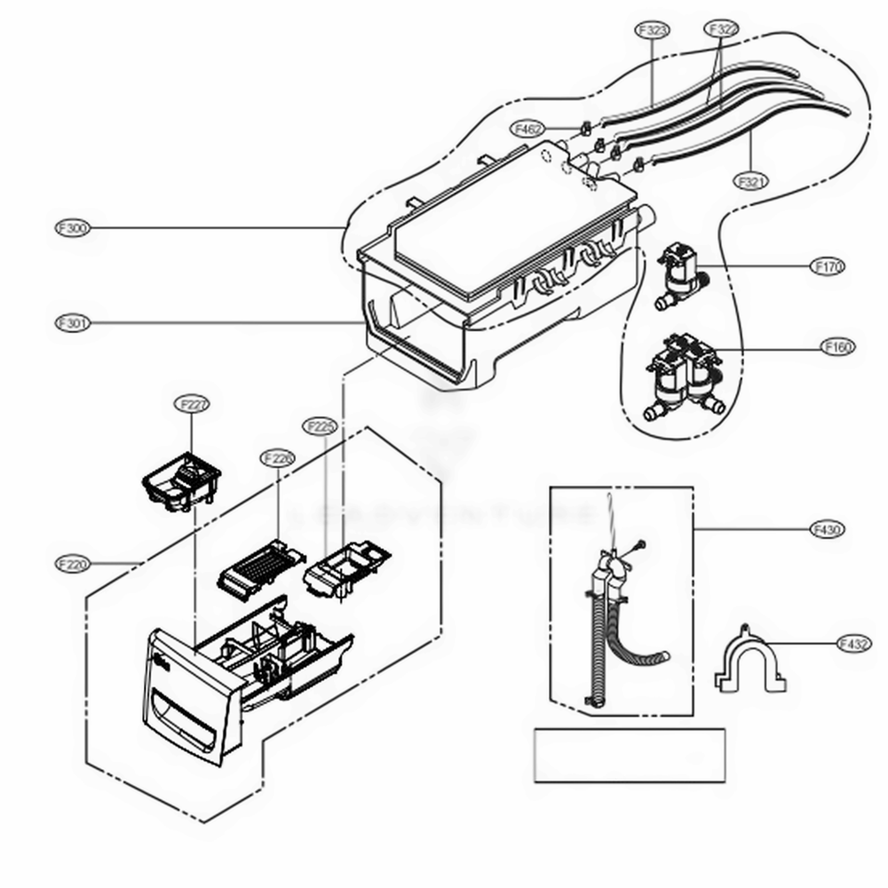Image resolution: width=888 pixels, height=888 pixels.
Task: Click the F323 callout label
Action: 653,29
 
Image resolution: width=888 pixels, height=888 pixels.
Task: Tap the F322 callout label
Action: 722,29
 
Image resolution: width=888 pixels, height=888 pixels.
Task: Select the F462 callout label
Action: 527,130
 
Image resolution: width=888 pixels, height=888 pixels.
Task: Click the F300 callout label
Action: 71,228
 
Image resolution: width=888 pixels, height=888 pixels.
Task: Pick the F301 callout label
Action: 71,323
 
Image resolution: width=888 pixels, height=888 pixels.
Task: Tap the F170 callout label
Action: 828,266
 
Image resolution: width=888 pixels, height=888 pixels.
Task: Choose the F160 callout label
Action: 836,346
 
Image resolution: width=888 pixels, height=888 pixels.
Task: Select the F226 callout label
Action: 277,457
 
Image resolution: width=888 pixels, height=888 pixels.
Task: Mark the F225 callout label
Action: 320,426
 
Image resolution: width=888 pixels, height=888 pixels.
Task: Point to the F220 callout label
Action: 71,563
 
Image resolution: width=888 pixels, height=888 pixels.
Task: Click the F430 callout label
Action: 827,530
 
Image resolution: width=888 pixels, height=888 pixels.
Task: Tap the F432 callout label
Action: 852,644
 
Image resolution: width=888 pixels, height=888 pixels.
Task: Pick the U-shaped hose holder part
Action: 750,662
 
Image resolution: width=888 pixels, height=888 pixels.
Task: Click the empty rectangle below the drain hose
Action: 629,755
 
